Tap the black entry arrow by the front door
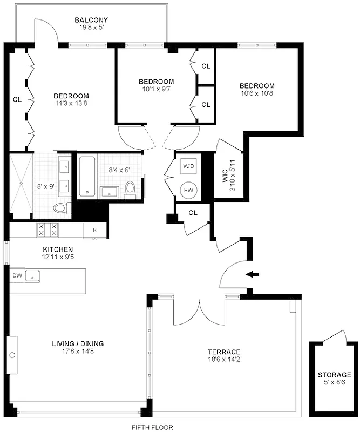252,274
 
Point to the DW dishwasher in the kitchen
17,275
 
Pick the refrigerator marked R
94,230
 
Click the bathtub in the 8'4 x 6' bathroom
87,176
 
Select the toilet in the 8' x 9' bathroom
60,208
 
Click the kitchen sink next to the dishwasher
33,276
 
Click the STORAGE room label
334,374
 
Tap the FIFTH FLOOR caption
153,427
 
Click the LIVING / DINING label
78,343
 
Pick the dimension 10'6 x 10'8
257,93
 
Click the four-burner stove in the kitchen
47,230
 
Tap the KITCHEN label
58,249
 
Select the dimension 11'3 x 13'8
71,104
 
